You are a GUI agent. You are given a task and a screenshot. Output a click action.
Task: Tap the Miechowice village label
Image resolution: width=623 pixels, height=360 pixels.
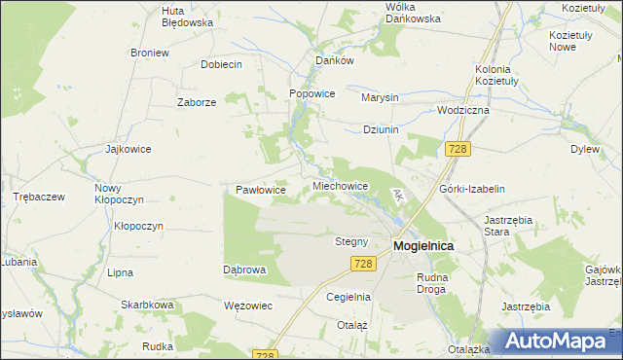(340, 185)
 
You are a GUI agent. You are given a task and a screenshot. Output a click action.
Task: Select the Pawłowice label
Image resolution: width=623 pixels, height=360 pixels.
(261, 190)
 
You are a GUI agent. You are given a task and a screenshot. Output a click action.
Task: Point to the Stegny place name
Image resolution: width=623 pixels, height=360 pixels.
(350, 241)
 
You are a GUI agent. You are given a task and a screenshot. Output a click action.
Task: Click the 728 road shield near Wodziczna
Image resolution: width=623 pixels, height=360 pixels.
(458, 149)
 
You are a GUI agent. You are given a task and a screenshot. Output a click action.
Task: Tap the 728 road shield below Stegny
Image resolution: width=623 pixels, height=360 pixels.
(363, 264)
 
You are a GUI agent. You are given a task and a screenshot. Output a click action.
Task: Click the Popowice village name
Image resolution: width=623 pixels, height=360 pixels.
(311, 93)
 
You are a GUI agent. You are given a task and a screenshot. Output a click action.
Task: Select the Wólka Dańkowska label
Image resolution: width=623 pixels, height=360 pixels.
(414, 12)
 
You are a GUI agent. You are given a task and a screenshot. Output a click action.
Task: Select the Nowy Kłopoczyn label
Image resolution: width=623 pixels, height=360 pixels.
(119, 193)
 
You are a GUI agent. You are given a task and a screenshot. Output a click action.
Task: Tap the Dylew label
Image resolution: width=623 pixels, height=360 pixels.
(584, 150)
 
